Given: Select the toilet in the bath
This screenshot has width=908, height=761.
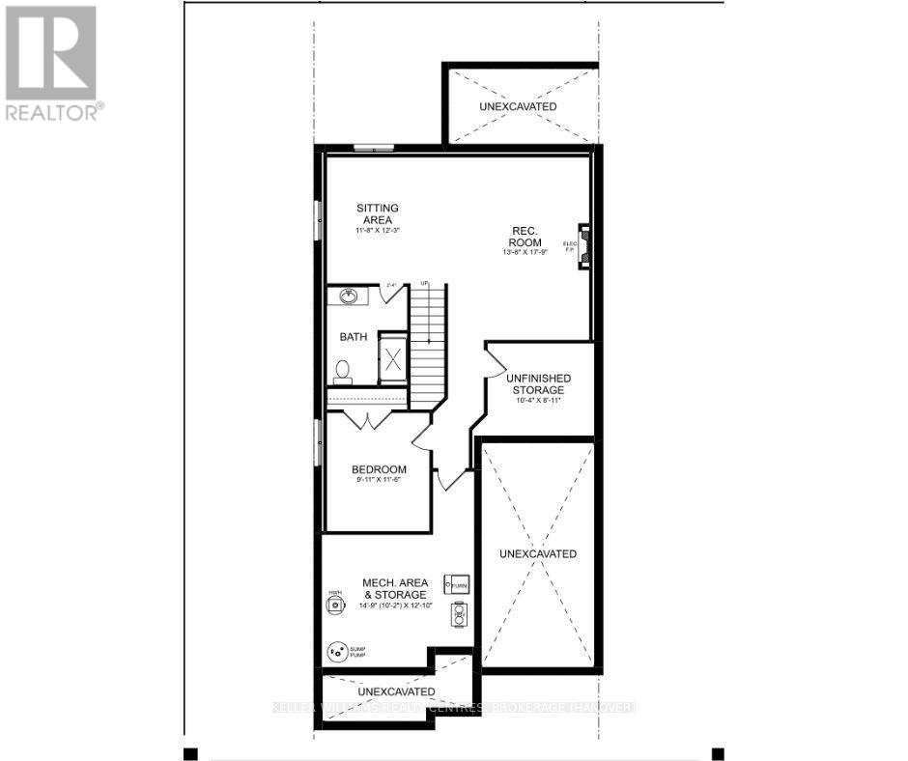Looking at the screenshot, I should coord(341,368).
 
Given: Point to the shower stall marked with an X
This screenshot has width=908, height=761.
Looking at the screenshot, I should coord(393,361).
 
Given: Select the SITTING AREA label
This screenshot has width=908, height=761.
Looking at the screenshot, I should coord(377,213).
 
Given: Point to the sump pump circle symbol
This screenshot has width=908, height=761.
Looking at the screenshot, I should coord(337,653).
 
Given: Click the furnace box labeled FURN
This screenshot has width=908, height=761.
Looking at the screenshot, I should coord(456,585).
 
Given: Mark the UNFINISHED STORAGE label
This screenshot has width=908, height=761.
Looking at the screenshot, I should coord(538,383).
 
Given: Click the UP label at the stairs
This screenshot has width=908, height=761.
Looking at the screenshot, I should coord(424,283).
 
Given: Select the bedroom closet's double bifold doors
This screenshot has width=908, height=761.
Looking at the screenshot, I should coord(366,419).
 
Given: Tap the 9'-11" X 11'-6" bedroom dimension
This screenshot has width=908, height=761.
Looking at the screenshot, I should coord(378,481).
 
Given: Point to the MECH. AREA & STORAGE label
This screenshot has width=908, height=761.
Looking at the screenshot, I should coord(397,588).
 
